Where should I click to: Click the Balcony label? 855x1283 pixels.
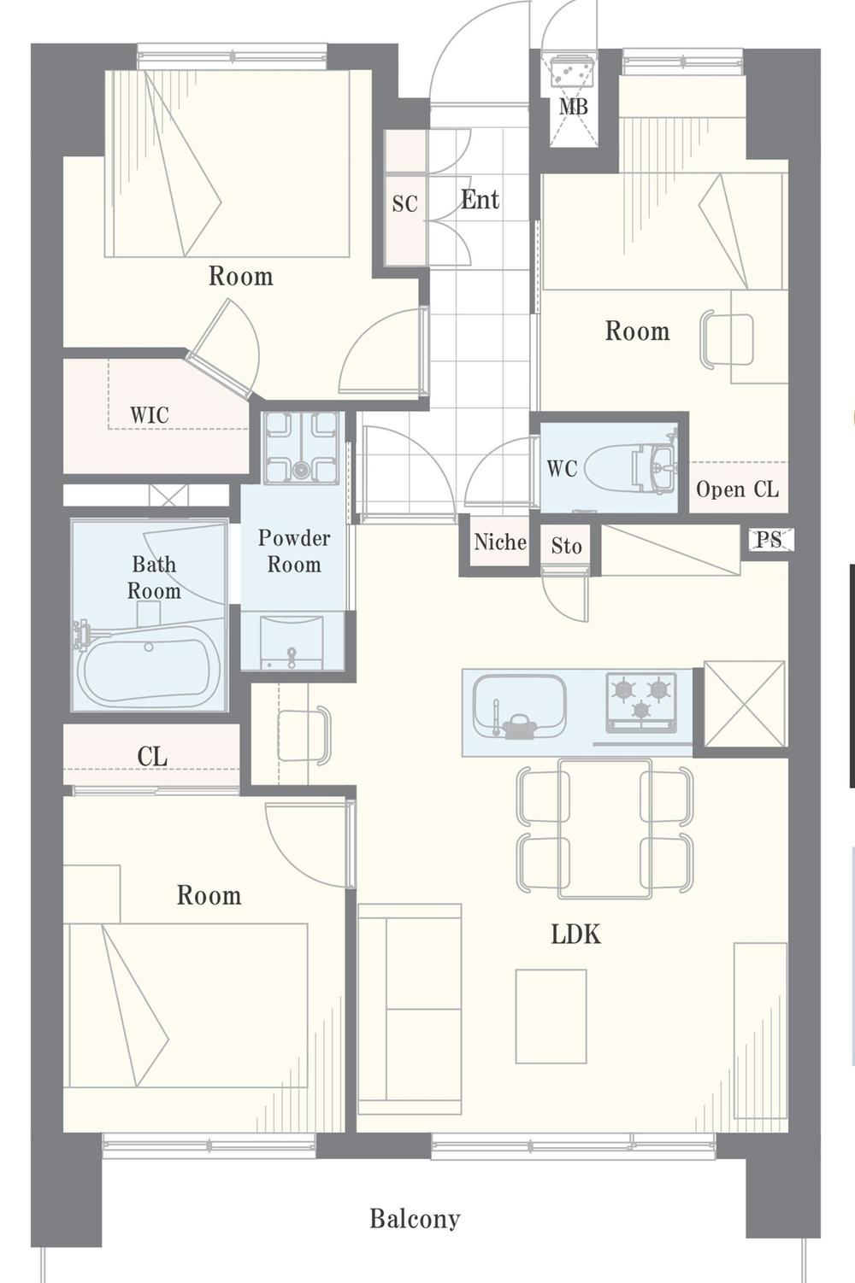click(415, 1218)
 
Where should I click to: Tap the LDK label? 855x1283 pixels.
click(575, 934)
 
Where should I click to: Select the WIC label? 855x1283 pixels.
click(149, 414)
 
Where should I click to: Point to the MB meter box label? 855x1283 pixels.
click(574, 107)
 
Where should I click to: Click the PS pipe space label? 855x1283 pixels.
click(769, 539)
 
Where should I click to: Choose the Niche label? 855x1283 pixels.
click(500, 542)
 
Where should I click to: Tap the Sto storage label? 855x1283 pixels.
click(566, 546)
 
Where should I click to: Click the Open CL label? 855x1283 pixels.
click(738, 489)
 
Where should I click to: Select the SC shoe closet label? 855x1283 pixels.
click(405, 203)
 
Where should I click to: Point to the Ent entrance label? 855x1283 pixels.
click(480, 200)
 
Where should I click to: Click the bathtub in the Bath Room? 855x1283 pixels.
click(149, 668)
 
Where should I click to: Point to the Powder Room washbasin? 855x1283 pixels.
click(292, 641)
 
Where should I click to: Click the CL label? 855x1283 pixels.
click(152, 757)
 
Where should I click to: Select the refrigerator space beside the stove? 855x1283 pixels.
click(744, 704)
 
